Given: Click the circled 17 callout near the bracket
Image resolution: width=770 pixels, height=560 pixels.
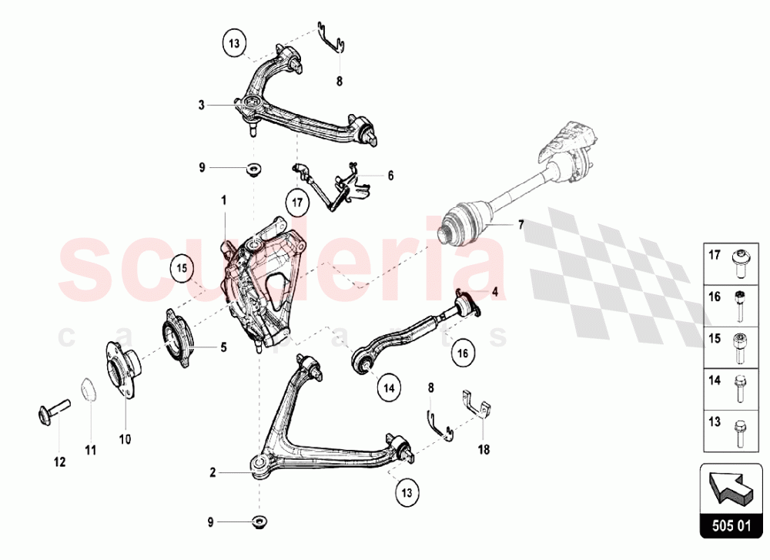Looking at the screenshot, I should tap(298, 204).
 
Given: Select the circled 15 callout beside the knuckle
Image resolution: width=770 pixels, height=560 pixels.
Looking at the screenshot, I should tap(182, 268).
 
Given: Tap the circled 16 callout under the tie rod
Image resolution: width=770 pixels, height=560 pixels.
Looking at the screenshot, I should tap(462, 354).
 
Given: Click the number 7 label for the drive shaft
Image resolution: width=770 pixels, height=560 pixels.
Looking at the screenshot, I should tap(521, 225).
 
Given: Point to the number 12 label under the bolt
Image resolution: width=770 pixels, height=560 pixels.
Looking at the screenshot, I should tap(59, 462).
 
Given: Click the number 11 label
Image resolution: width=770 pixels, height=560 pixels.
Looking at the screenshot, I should tap(90, 450).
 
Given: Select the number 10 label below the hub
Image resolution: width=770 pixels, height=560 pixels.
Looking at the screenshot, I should tap(125, 439).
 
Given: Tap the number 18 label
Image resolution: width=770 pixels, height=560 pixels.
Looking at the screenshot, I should tap(484, 447).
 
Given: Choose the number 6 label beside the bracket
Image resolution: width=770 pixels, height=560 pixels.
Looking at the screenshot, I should tap(390, 176).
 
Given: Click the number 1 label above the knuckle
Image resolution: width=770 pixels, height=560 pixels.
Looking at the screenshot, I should tap(224, 200).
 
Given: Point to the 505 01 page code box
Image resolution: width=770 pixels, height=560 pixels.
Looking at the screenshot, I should tap(731, 530).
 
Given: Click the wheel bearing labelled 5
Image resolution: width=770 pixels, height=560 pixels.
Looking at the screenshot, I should tap(177, 334).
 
